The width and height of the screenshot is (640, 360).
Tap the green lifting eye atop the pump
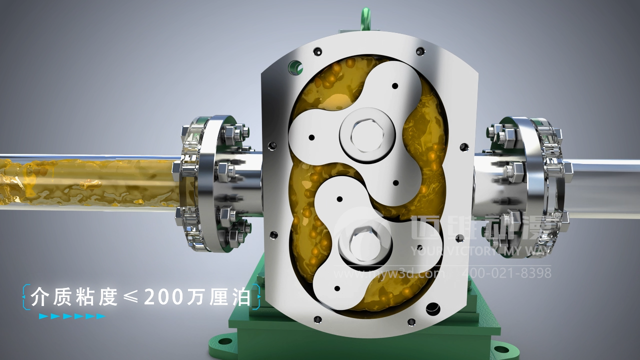pos(366,18)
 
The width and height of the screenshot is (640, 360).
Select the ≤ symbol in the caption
pos(131,297)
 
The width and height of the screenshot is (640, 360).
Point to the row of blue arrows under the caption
pos(72,316)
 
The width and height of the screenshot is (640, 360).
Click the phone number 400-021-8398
pos(506,273)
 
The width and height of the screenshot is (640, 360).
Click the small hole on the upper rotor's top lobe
pos(395,85)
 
